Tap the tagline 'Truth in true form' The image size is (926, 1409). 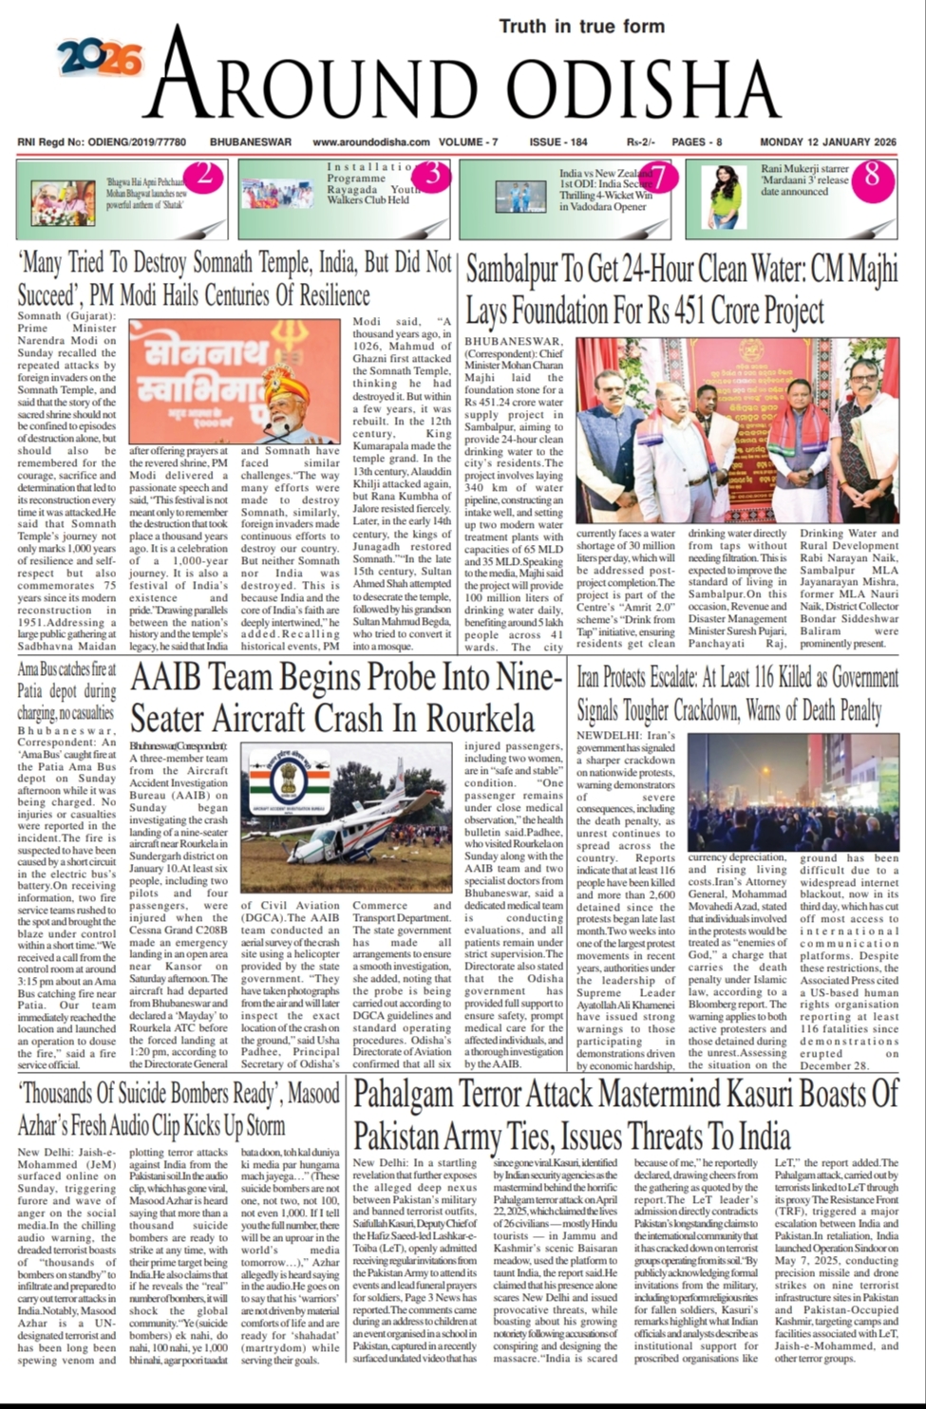coord(581,26)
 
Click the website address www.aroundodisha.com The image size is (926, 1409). coord(371,142)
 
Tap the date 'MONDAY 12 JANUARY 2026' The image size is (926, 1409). coord(827,142)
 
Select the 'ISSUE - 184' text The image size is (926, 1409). coord(558,142)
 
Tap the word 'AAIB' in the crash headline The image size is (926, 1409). coord(175,678)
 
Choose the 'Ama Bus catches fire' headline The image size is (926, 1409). coord(66,682)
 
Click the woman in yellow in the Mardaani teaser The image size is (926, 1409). coord(726,197)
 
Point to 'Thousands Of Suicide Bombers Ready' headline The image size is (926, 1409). coord(179,1109)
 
